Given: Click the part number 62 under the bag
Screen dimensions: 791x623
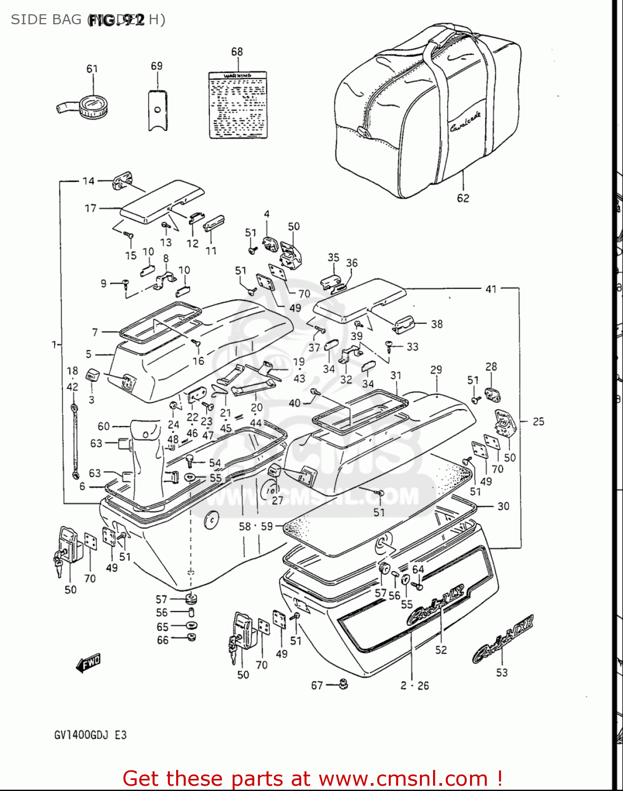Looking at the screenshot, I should tap(463, 198).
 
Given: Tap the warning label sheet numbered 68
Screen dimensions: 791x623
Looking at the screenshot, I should tap(237, 105).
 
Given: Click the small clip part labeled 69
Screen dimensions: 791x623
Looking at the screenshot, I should tap(157, 110).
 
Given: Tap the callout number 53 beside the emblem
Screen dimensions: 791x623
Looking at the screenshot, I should tap(502, 672).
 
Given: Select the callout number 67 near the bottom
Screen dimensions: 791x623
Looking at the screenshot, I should tap(317, 685).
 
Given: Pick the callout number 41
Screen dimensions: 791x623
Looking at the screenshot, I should tap(491, 289).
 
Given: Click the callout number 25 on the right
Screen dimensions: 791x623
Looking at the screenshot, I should tap(538, 421).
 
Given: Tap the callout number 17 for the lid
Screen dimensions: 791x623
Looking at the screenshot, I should tap(91, 208).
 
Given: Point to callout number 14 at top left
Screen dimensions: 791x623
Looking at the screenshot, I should tap(88, 181).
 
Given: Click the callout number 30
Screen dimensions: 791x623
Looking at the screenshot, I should tap(503, 506).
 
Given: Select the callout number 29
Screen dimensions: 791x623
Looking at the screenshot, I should tap(436, 370).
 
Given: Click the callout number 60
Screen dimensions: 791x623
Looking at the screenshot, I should tap(104, 426).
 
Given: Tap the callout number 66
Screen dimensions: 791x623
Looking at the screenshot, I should tap(162, 640).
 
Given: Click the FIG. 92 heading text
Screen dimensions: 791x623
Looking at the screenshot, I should tap(116, 20).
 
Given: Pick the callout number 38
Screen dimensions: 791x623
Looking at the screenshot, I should tap(437, 324).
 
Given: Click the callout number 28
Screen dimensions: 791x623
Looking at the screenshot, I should tap(491, 366).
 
